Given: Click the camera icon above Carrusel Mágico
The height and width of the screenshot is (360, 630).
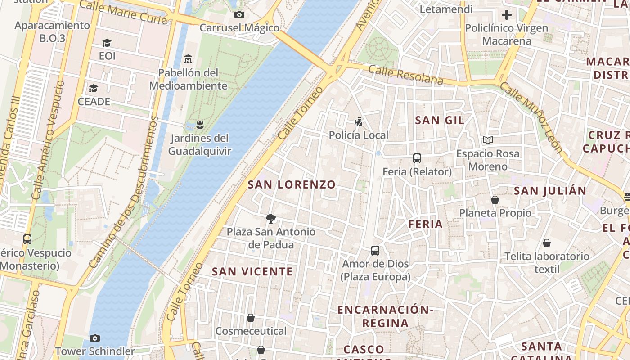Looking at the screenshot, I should click(239, 14).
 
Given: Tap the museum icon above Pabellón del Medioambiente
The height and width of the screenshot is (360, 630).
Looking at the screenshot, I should click(188, 59).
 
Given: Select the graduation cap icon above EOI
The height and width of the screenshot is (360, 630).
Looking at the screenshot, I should click(107, 43).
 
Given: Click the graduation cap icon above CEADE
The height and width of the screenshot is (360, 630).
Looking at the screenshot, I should click(93, 88).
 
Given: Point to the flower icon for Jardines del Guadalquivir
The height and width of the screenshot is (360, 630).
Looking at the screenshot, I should click(200, 124).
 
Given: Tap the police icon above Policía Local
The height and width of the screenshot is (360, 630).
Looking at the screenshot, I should click(358, 121).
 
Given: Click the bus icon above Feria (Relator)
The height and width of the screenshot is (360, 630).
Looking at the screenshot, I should click(417, 158).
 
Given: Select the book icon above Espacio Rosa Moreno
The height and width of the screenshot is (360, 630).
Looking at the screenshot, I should click(487, 140).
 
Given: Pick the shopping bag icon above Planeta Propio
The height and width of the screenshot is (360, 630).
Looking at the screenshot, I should click(495, 199).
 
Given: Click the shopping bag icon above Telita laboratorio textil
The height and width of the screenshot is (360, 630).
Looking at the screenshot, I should click(546, 243).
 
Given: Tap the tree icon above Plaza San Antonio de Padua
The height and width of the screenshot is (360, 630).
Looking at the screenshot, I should click(271, 219).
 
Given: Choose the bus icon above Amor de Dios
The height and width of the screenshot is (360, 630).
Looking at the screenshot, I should click(375, 250).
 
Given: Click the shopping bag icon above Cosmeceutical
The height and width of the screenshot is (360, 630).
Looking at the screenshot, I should click(251, 318).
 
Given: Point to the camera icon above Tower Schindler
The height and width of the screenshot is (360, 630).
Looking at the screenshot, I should click(94, 338).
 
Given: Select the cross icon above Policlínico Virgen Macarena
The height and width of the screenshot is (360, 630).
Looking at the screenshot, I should click(506, 15).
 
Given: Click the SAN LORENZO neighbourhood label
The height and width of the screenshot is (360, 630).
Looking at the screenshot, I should click(292, 184).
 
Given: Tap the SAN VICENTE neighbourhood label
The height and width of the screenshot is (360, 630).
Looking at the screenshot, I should click(252, 272).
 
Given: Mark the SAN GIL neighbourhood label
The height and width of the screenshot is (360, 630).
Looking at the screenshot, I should click(440, 120).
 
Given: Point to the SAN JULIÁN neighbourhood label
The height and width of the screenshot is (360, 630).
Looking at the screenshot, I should click(550, 191).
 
